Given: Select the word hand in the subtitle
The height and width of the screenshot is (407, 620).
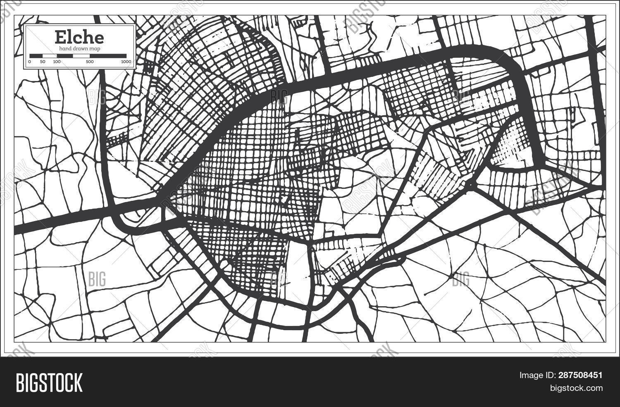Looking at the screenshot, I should [65, 49].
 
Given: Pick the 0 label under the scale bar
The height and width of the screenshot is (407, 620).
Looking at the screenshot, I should [30, 62].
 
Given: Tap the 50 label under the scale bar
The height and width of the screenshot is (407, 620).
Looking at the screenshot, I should [42, 62].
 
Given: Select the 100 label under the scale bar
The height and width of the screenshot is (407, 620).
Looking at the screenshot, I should [57, 62].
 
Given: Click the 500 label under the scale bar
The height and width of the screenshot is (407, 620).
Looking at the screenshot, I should [90, 62].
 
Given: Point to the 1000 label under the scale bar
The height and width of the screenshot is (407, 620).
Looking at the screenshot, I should [126, 62].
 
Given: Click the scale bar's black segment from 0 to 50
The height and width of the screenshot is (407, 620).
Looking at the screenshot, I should [36, 55].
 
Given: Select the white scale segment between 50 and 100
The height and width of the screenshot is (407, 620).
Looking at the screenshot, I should [49, 55].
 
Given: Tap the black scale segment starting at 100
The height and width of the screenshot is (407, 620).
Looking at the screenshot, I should [64, 55].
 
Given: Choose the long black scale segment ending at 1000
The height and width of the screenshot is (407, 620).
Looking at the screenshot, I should [108, 55].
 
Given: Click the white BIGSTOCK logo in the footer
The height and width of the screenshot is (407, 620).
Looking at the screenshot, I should [49, 382].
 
